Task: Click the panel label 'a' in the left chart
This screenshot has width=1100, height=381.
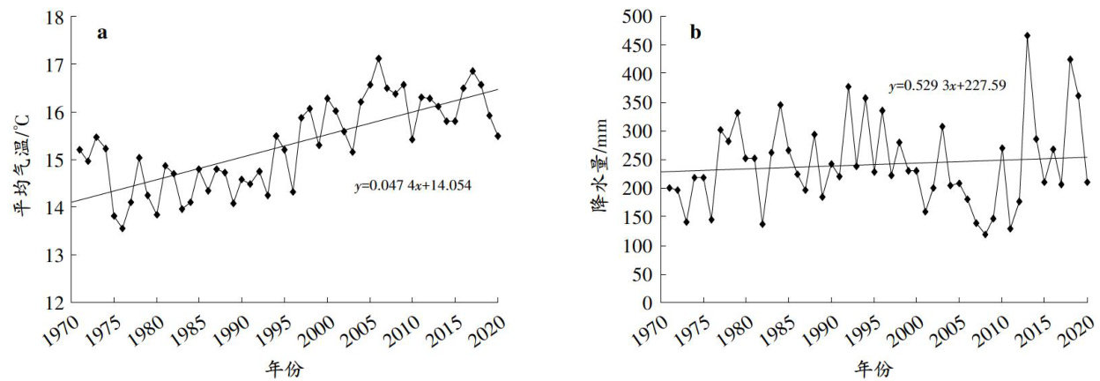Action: tap(102, 34)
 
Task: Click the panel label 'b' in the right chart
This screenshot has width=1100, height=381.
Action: tap(695, 34)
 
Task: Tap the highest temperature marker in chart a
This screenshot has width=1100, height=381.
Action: tap(378, 58)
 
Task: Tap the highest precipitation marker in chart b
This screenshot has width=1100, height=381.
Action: tap(1027, 36)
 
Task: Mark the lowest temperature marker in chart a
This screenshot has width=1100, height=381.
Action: tap(123, 228)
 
